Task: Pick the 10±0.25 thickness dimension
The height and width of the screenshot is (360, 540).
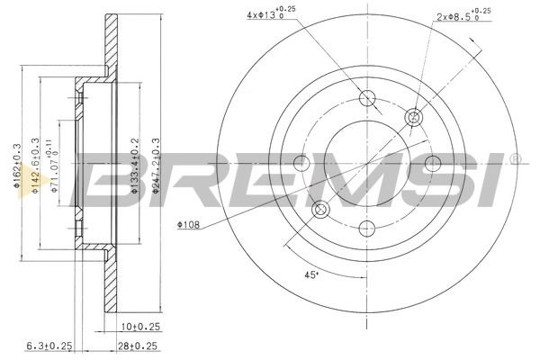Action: coord(135,328)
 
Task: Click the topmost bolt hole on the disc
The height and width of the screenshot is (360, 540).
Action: coord(367,97)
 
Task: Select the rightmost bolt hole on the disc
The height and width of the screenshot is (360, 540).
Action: coord(433,163)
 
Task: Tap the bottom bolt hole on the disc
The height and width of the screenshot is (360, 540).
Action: coord(367,229)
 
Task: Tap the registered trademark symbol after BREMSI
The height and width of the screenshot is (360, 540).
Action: coord(515,159)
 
